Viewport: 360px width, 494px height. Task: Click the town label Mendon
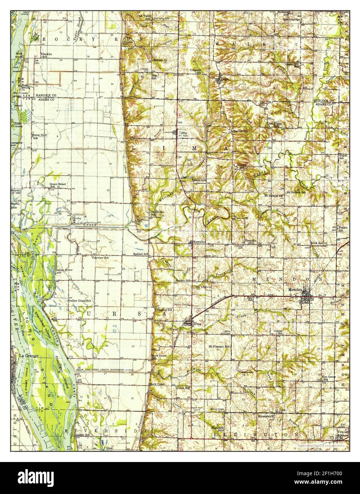pos(295,290)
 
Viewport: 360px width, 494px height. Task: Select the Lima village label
pos(183,132)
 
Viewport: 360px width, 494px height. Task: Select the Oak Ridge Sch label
pos(154,213)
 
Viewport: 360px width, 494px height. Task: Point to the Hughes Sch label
pos(165,310)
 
